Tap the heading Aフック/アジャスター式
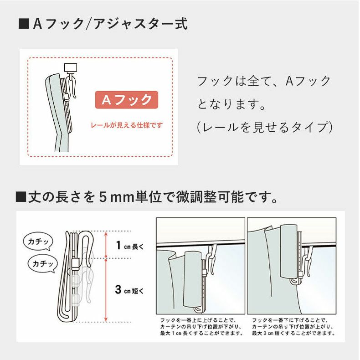(110, 24)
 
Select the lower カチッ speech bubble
(43, 263)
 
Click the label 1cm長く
(129, 247)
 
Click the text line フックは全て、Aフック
(264, 82)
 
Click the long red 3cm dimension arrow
(106, 290)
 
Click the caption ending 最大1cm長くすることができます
(201, 327)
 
